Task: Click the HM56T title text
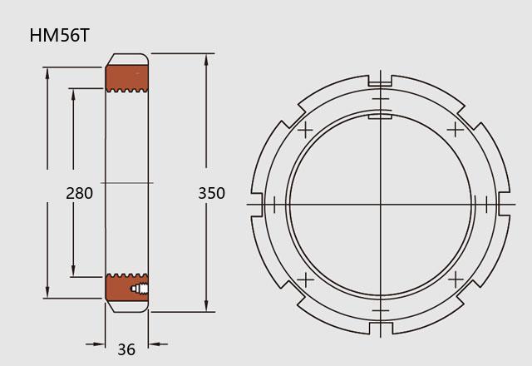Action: [x=59, y=35]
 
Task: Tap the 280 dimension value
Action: [x=80, y=193]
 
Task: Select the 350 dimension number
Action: [x=211, y=193]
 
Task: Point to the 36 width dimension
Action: [x=126, y=349]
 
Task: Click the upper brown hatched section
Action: [x=127, y=78]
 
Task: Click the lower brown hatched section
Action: [x=127, y=288]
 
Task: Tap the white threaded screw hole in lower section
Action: [x=140, y=289]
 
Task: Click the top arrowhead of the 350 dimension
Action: [x=206, y=61]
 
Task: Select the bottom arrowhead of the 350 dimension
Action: [x=206, y=304]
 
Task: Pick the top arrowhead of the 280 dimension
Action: [x=73, y=96]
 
